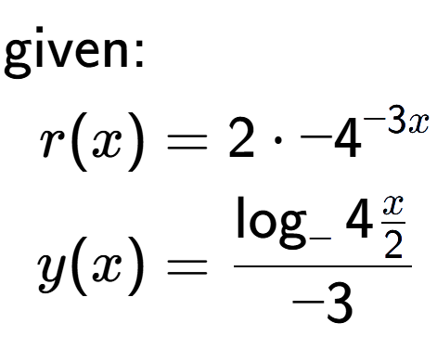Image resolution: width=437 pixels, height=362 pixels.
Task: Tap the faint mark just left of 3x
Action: point(368,122)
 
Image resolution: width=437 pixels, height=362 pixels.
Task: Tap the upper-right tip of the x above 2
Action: point(404,196)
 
